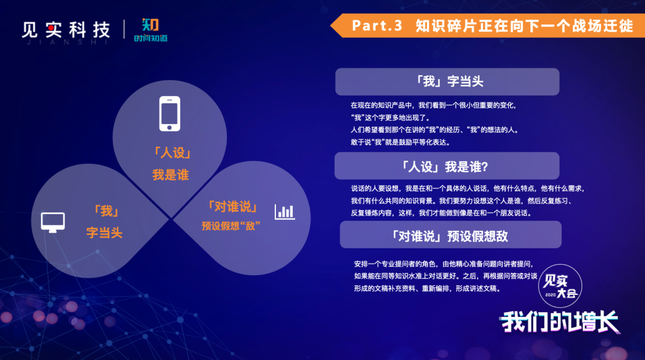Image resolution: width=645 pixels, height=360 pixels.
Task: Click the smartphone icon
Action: point(170,113)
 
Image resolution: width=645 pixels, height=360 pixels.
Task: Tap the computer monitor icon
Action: point(53,222)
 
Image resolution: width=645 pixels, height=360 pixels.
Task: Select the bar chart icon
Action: point(285,211)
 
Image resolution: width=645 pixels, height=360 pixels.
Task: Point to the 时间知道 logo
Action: point(150,30)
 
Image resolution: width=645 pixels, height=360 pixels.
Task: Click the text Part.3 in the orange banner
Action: point(377,26)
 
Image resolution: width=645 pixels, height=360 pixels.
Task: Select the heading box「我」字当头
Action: point(447,81)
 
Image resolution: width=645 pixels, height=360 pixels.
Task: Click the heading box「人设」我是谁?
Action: point(447,166)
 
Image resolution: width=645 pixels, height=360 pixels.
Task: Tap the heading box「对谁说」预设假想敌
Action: point(450,235)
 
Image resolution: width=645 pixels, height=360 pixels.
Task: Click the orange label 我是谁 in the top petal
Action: point(170,175)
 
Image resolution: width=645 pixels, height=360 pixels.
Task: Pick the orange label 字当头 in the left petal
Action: point(105,233)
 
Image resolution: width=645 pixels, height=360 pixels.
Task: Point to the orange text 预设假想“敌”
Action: point(231,226)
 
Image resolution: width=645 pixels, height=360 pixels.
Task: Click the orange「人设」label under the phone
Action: point(172,153)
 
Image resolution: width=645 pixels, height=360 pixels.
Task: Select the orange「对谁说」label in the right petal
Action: point(233,207)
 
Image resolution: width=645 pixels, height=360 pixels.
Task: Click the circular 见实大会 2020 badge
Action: point(560,286)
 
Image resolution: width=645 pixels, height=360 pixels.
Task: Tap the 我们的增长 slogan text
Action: point(560,322)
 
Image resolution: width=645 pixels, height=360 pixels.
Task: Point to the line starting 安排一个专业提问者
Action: point(444,264)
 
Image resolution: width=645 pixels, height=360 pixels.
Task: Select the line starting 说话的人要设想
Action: point(467,189)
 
